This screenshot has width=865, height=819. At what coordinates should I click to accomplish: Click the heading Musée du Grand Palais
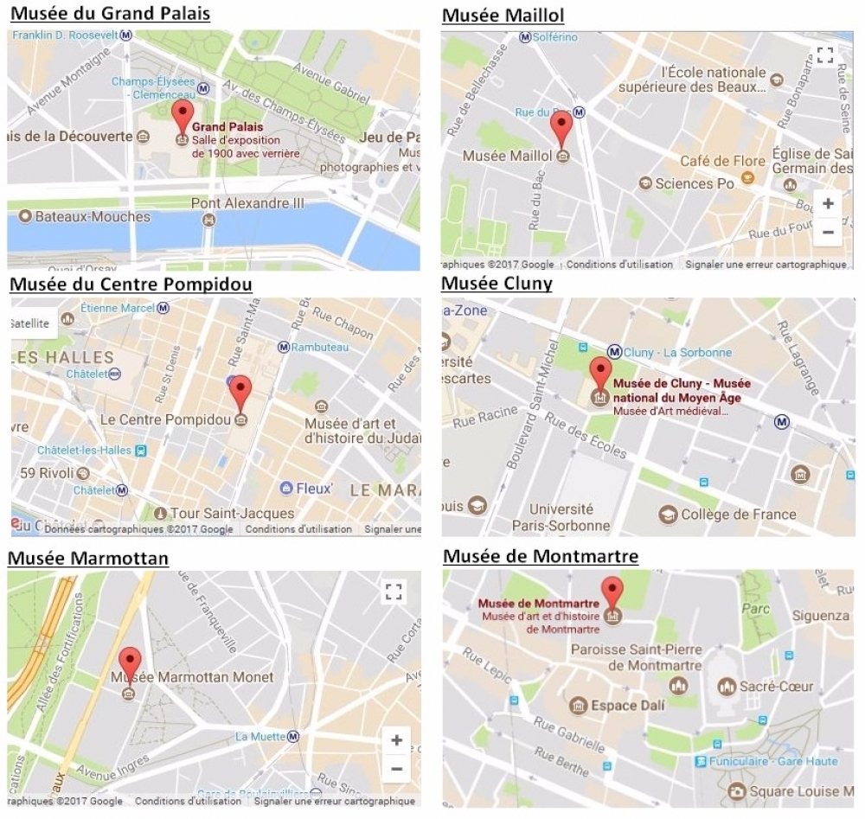click(110, 14)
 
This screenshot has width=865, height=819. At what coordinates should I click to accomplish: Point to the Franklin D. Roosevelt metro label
click(65, 35)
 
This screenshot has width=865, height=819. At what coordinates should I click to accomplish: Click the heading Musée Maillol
click(503, 16)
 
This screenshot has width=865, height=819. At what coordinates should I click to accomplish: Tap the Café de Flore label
click(722, 161)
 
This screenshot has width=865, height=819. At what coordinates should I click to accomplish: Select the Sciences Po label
click(694, 183)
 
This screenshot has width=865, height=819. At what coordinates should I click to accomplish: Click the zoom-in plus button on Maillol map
click(828, 204)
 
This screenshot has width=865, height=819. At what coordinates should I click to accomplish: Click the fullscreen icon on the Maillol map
click(825, 55)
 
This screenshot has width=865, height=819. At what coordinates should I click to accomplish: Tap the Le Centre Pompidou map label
click(165, 419)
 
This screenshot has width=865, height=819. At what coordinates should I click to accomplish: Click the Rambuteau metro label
click(319, 347)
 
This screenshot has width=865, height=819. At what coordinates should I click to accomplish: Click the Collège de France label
click(738, 515)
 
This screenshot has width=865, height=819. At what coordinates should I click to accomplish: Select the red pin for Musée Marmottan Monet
click(130, 662)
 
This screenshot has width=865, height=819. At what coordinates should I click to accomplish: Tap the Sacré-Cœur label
click(776, 687)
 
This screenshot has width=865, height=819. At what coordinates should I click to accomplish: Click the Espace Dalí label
click(627, 706)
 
